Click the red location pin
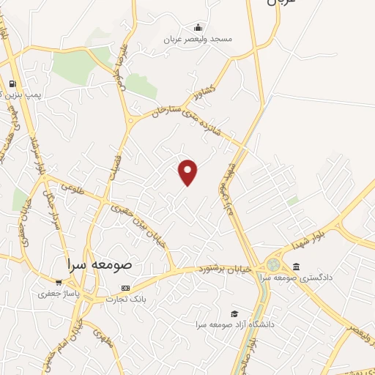[188, 171]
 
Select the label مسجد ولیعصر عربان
[196, 38]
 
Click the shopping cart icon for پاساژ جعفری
[59, 282]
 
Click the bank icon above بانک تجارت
[125, 288]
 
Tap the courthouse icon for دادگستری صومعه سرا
[295, 267]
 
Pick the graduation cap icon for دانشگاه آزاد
[234, 313]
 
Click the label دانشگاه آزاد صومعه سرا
[233, 323]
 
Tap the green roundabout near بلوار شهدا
[274, 264]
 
